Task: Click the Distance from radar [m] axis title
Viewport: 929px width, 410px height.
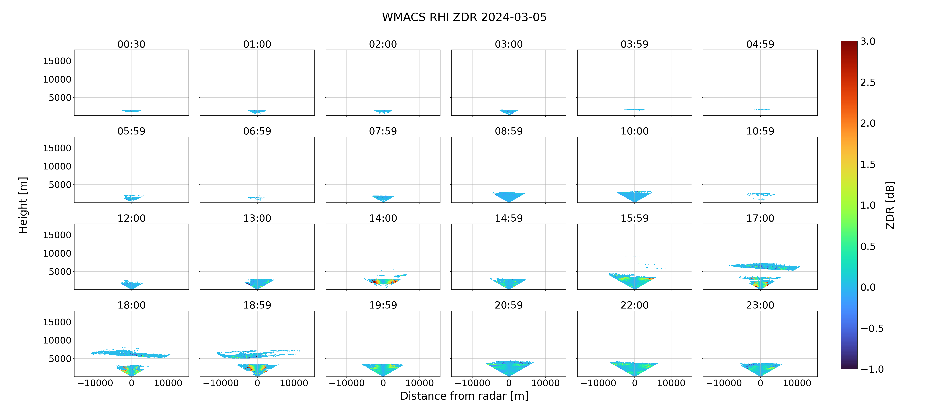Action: (464, 396)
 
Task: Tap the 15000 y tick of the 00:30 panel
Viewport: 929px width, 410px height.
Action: (57, 61)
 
